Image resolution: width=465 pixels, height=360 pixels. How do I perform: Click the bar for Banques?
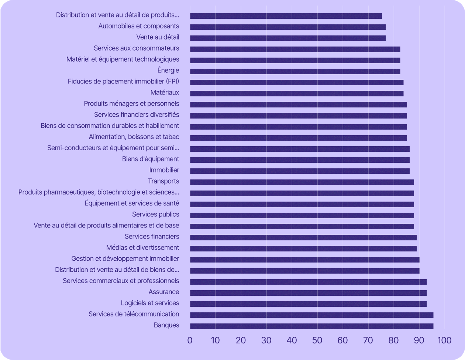(311, 326)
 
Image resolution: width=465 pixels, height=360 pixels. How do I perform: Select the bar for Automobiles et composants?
(288, 27)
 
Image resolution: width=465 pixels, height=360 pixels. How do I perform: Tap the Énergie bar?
(295, 71)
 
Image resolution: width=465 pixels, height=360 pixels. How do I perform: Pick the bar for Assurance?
(308, 293)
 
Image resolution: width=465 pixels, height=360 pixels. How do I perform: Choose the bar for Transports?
(302, 182)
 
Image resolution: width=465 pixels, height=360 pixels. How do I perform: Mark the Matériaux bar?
(297, 93)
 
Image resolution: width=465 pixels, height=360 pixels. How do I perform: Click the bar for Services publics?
(302, 215)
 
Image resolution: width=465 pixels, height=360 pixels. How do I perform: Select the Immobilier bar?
(300, 171)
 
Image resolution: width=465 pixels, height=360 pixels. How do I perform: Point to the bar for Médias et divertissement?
(303, 248)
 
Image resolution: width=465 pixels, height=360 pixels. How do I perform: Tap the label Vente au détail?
(158, 37)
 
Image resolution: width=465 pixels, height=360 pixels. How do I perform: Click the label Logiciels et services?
(150, 303)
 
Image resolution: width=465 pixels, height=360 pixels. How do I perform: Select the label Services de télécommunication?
(134, 314)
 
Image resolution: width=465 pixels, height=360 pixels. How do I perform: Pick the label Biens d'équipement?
(151, 159)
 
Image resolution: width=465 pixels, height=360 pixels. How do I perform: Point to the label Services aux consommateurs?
(136, 48)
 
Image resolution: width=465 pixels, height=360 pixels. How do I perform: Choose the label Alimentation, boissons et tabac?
(134, 137)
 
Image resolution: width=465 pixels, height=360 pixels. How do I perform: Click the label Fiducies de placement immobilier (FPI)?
(123, 82)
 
